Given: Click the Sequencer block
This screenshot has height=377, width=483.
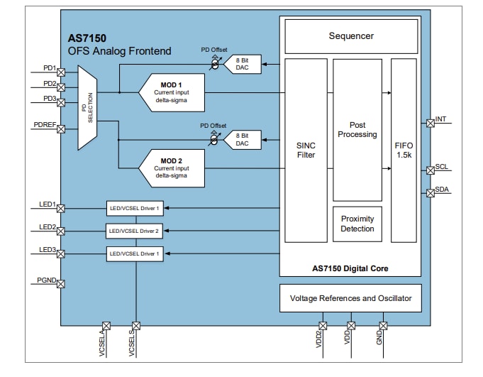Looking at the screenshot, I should tap(351, 36).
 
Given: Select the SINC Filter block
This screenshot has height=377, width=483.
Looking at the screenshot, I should tap(305, 150).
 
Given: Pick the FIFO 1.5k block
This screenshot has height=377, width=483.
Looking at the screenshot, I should tap(404, 150).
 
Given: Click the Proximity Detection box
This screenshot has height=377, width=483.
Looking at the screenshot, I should tap(357, 224).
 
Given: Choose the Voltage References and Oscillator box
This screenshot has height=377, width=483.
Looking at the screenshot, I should tap(350, 298).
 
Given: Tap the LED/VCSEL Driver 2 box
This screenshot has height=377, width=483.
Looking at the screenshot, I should tap(133, 231).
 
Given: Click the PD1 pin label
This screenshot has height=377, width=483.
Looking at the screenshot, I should tap(49, 68).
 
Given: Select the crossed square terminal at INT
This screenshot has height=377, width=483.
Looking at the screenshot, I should tap(430, 123).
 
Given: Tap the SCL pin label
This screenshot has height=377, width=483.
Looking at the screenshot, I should tap(442, 167).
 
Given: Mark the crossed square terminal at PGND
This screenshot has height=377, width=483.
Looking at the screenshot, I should tap(61, 284).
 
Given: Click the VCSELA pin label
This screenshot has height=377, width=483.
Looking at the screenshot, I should tap(102, 344).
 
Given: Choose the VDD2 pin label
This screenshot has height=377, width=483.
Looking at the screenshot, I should tap(319, 342).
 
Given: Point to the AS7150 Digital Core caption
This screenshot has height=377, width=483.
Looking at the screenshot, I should tap(350, 268).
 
